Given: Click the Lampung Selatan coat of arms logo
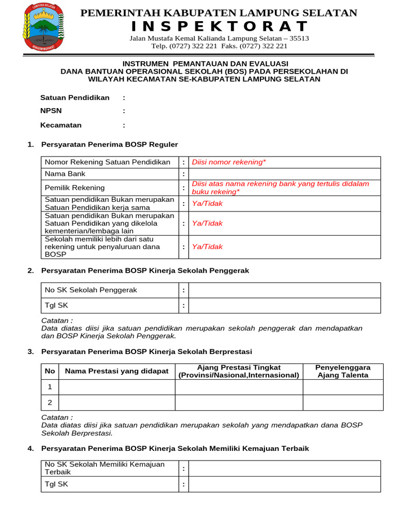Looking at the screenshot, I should tap(43, 27).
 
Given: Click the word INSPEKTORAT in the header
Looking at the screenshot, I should tap(219, 26).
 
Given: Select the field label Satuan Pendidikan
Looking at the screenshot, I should tap(75, 97).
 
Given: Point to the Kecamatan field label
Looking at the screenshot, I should tap(61, 125).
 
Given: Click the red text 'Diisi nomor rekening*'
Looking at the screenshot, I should tap(229, 162).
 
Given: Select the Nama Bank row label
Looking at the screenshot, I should tap(65, 174).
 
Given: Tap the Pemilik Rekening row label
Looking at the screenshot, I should tap(75, 188).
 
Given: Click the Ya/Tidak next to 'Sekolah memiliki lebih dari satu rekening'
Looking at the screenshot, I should tap(207, 247).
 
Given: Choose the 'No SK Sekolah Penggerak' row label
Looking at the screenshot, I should tap(91, 290).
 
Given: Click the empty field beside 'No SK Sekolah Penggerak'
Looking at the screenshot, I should tap(284, 290).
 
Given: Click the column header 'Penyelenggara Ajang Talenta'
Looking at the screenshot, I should tap(343, 371).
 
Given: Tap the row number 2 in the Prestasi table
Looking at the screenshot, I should tap(50, 402).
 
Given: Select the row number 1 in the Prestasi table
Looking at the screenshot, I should tap(50, 387).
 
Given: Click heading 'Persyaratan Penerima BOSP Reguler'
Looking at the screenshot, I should tap(109, 145).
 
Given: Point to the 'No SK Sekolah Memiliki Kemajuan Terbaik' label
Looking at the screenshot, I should tap(105, 468).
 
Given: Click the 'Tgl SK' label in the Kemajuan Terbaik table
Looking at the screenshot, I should tap(56, 484).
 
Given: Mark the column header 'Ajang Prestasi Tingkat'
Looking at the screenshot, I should tap(239, 367).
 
